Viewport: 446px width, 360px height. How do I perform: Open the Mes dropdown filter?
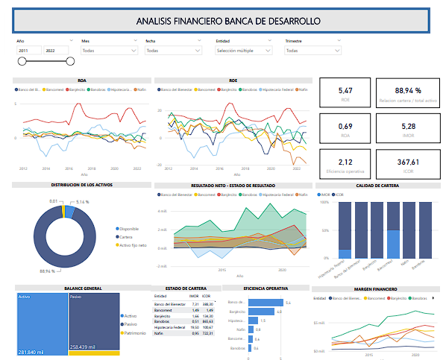point(109,51)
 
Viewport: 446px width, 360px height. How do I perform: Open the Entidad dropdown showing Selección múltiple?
point(243,51)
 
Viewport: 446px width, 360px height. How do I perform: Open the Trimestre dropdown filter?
point(313,51)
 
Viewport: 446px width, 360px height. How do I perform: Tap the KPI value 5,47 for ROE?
point(345,90)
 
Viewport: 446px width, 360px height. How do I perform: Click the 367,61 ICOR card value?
point(408,162)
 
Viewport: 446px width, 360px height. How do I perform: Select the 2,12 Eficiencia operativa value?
point(345,162)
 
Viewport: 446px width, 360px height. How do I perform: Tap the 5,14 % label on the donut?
point(83,202)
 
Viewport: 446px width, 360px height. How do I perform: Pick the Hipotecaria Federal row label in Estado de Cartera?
point(170,327)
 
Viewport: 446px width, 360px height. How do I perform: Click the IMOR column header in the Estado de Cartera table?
point(194,297)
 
